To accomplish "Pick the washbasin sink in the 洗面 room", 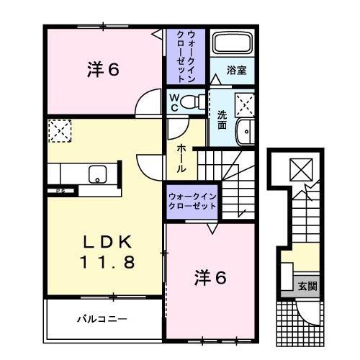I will click(246, 132).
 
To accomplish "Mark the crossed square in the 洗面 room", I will click(245, 104).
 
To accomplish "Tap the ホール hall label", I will click(182, 156).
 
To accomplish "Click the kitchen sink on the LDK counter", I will click(96, 174).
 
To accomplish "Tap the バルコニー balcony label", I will click(103, 317).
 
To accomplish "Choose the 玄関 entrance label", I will click(307, 286).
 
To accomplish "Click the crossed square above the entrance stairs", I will click(299, 170).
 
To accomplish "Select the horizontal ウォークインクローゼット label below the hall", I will click(192, 200).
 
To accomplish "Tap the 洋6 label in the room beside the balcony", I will click(210, 277).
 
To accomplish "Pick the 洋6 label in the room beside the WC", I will click(104, 71).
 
